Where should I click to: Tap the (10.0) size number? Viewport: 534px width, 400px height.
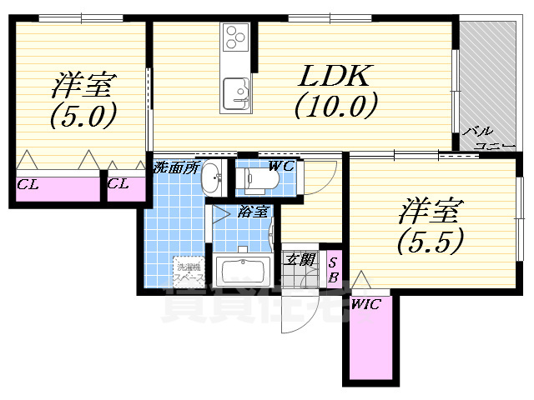tap(335, 106)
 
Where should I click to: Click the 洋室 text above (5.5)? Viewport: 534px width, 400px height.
tap(431, 208)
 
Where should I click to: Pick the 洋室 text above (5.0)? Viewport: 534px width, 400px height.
tap(83, 85)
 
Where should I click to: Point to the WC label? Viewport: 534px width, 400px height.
tap(281, 165)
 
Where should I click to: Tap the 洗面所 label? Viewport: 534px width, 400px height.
tap(175, 167)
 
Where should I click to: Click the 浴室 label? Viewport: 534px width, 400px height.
tap(253, 211)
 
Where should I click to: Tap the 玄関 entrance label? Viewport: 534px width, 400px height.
tap(301, 259)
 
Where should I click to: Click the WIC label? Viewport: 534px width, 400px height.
tap(365, 305)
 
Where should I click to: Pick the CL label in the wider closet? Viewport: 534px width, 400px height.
tap(28, 184)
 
